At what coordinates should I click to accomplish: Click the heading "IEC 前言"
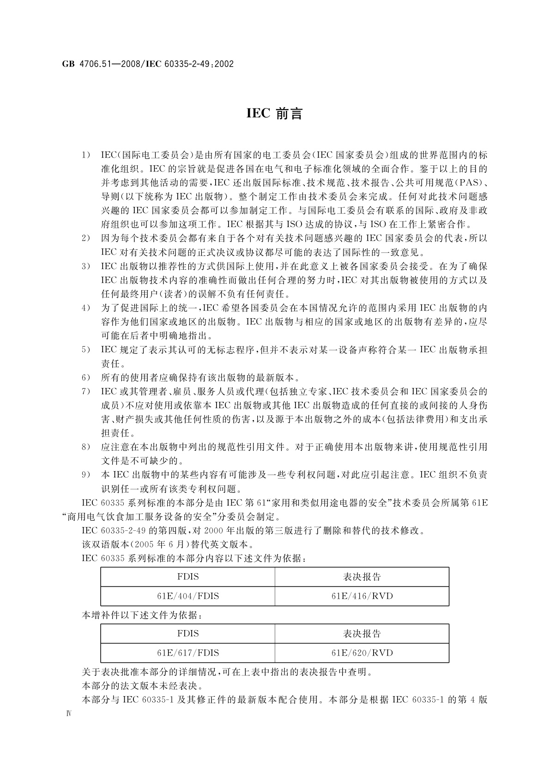click(274, 114)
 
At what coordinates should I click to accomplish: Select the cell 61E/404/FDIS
click(187, 596)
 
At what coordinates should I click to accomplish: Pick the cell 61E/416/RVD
click(362, 596)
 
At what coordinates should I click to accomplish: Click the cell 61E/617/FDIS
click(187, 653)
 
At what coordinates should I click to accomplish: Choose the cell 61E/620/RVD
click(362, 653)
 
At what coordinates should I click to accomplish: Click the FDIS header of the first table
click(187, 577)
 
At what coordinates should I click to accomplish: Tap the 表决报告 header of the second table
click(362, 633)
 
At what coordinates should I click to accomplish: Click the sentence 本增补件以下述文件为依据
click(141, 615)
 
